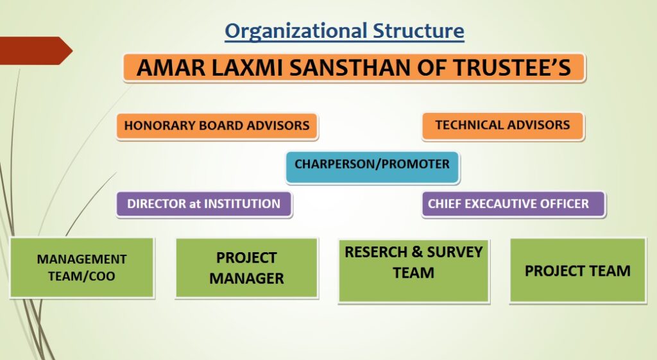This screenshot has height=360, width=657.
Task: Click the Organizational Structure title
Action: pyautogui.click(x=345, y=31)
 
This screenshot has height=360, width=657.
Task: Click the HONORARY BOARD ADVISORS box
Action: pyautogui.click(x=217, y=126)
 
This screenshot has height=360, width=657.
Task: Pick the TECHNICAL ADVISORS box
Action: pyautogui.click(x=503, y=125)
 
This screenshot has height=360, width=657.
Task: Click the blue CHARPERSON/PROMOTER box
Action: pyautogui.click(x=373, y=167)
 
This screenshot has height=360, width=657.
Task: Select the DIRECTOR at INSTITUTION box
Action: pyautogui.click(x=204, y=204)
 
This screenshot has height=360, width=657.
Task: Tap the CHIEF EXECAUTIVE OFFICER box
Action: pyautogui.click(x=513, y=204)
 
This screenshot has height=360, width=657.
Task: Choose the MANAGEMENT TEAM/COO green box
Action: pyautogui.click(x=82, y=268)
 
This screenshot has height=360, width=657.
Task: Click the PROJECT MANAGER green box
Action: pyautogui.click(x=247, y=268)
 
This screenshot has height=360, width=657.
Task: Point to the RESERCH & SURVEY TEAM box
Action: pyautogui.click(x=414, y=271)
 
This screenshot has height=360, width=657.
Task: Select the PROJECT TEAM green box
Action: pyautogui.click(x=578, y=270)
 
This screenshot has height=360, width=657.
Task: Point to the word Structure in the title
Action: pyautogui.click(x=418, y=31)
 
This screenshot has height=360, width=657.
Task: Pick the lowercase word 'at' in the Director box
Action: pyautogui.click(x=195, y=204)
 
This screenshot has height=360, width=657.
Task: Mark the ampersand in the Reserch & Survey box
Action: pyautogui.click(x=417, y=252)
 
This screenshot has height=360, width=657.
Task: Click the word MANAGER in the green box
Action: pyautogui.click(x=247, y=279)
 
